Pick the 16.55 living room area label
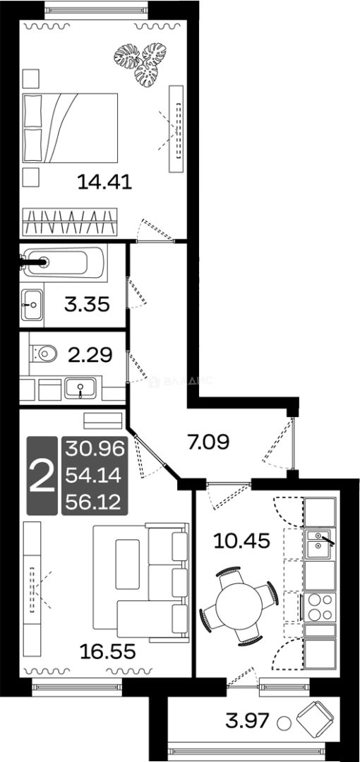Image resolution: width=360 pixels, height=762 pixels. pos(107,649)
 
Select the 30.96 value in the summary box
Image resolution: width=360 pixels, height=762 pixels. pos(94,448)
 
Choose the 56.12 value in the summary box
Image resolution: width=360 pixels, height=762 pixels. pos(94,502)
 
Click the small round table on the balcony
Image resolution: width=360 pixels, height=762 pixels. pos(284,724)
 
